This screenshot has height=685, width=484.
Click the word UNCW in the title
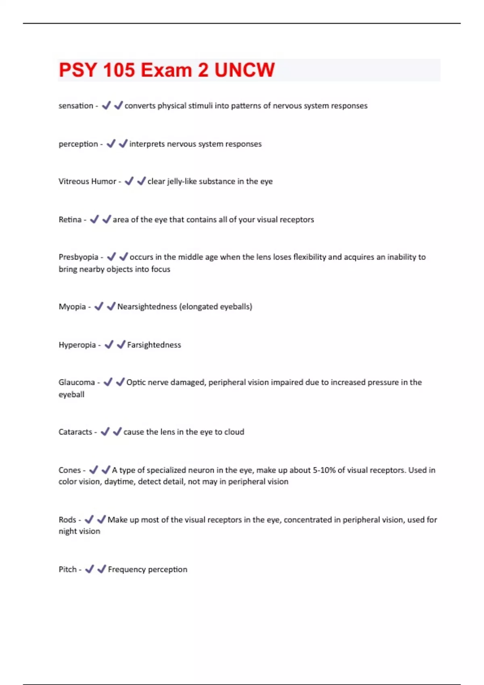[x=244, y=70]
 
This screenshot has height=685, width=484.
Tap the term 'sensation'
[x=76, y=106]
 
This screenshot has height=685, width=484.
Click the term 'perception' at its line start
[x=78, y=144]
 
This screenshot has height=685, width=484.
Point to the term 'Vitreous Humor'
[x=87, y=181]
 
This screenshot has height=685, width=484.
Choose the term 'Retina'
[x=70, y=220]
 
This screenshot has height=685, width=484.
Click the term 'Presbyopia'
[x=78, y=257]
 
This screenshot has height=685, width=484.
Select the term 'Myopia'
[x=72, y=307]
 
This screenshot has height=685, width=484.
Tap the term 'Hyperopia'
[x=77, y=345]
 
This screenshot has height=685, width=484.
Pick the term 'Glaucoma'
[x=77, y=382]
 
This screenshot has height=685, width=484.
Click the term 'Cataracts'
[x=75, y=432]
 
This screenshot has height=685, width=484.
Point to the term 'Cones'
[x=69, y=470]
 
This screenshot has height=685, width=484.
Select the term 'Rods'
[x=67, y=520]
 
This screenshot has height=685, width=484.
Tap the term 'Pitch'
[x=67, y=569]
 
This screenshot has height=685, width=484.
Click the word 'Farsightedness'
[x=154, y=345]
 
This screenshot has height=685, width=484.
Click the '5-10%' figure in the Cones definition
[x=324, y=470]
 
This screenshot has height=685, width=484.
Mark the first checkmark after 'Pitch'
[x=90, y=569]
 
